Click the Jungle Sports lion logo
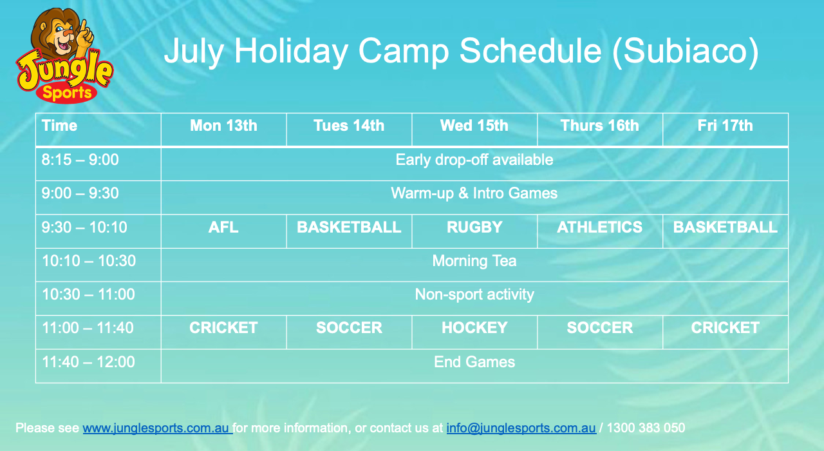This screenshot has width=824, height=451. click(64, 55)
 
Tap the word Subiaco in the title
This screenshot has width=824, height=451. click(686, 51)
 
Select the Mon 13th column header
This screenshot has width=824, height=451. click(223, 126)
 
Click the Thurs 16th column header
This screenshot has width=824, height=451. click(599, 126)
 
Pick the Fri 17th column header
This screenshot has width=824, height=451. click(725, 126)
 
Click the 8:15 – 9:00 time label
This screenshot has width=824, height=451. click(80, 160)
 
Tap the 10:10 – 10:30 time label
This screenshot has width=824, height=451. click(89, 261)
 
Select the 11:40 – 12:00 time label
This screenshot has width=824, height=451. click(88, 362)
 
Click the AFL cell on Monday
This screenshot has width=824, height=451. click(223, 227)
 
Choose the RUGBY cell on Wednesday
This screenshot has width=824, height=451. click(474, 227)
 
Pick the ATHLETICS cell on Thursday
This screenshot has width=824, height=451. click(599, 227)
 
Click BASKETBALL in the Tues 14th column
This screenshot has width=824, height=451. click(349, 227)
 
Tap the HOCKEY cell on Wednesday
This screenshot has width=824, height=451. click(474, 328)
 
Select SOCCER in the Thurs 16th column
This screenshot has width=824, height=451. click(599, 328)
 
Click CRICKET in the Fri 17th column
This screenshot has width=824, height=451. click(725, 328)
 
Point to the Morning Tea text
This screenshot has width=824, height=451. click(474, 261)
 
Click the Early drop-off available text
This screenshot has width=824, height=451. click(474, 160)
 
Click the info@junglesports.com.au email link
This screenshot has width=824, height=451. click(521, 428)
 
